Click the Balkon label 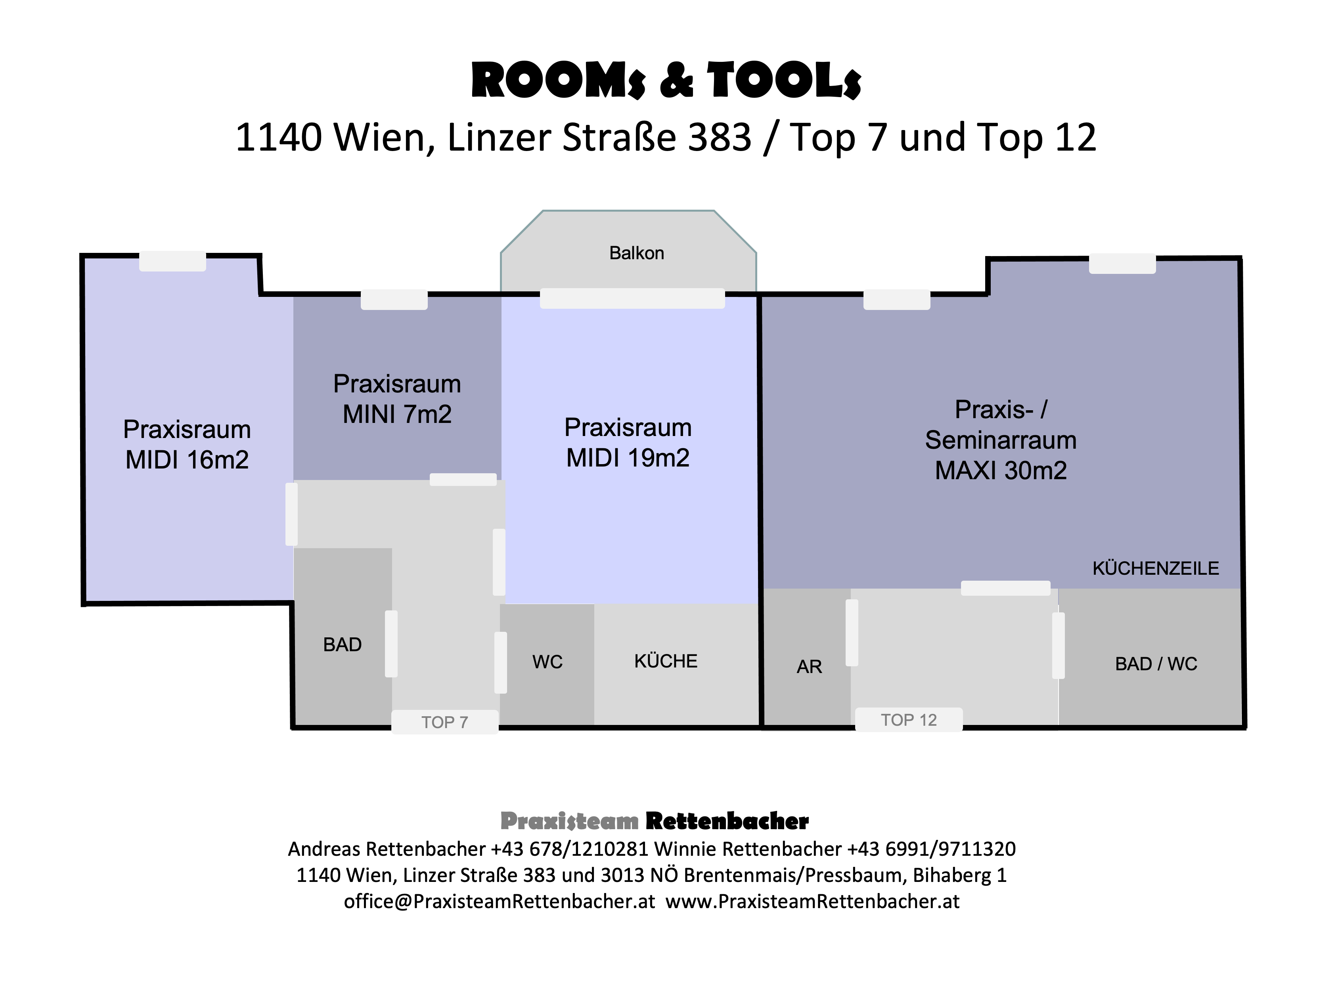(x=636, y=253)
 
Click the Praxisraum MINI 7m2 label (x=397, y=398)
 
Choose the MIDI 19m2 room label (x=628, y=442)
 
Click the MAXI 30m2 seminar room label (x=1001, y=440)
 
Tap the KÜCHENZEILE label (x=1155, y=568)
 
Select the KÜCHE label (x=665, y=661)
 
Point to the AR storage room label (x=809, y=666)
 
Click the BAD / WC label (x=1156, y=663)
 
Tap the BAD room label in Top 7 (x=342, y=644)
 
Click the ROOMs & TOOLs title (x=666, y=80)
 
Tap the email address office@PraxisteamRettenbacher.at (x=499, y=901)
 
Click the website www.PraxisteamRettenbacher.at (x=812, y=901)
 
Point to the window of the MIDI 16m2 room (x=172, y=261)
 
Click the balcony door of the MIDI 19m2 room (x=632, y=298)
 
